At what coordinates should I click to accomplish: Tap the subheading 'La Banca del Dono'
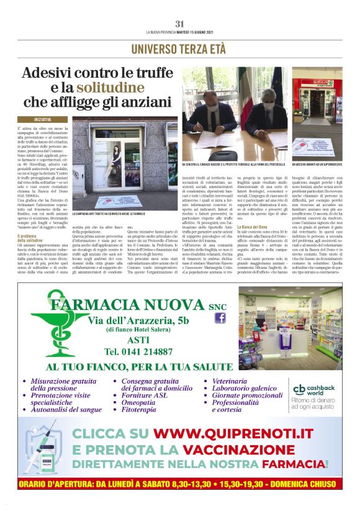tap(253, 228)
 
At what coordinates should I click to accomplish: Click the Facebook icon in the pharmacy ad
tap(219, 318)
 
